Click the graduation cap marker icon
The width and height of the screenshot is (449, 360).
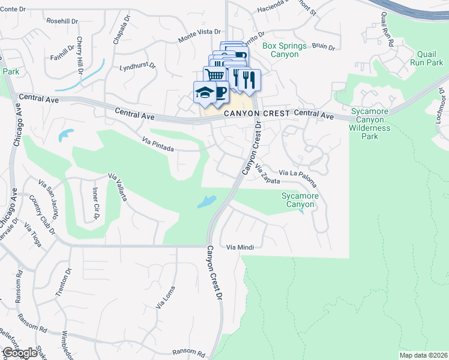coord(204,92)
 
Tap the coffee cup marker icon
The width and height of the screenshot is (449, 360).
coord(220,92)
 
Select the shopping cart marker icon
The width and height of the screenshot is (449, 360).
coord(214,74)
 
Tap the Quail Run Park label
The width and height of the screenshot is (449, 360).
coord(426,58)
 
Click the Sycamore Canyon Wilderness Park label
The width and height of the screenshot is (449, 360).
coord(370,124)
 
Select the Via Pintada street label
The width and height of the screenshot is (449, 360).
coord(158,144)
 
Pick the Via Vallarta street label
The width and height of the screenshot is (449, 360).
coord(117,187)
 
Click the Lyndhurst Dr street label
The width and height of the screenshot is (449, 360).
coord(137,67)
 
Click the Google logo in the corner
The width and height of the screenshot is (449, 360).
coord(20,353)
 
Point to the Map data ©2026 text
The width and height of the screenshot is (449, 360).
coord(423,355)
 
